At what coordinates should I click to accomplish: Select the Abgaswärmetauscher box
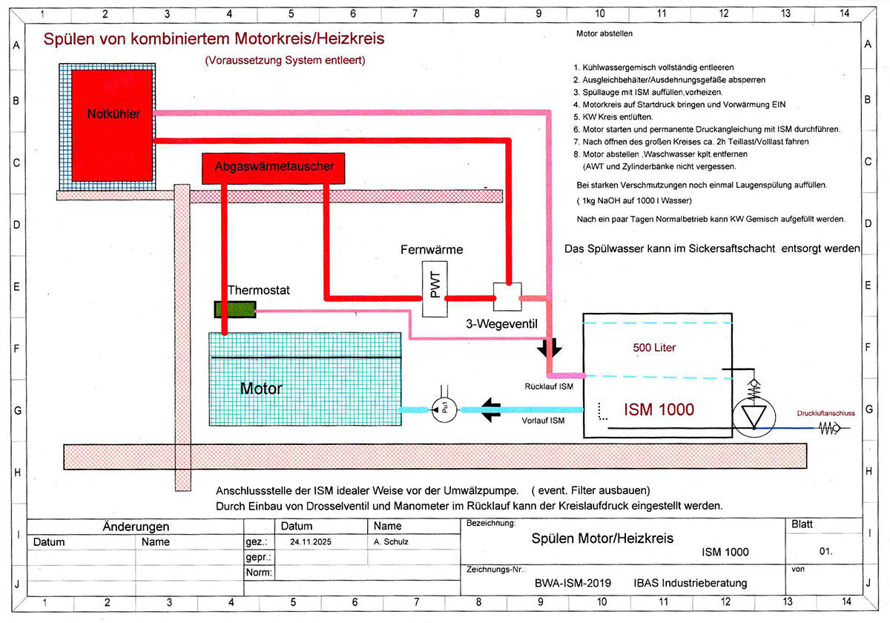[274, 168]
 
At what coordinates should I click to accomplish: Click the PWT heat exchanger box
[435, 289]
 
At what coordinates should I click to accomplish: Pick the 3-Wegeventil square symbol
[508, 297]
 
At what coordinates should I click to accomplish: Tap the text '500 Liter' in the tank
[654, 347]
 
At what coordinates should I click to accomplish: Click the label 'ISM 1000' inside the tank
[659, 409]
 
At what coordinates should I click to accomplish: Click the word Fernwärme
[432, 250]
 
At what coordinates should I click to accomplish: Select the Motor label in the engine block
[261, 388]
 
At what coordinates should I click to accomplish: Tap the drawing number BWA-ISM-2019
[573, 583]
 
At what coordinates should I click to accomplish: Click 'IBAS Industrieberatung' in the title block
[690, 583]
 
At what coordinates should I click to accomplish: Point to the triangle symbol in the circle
[754, 416]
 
